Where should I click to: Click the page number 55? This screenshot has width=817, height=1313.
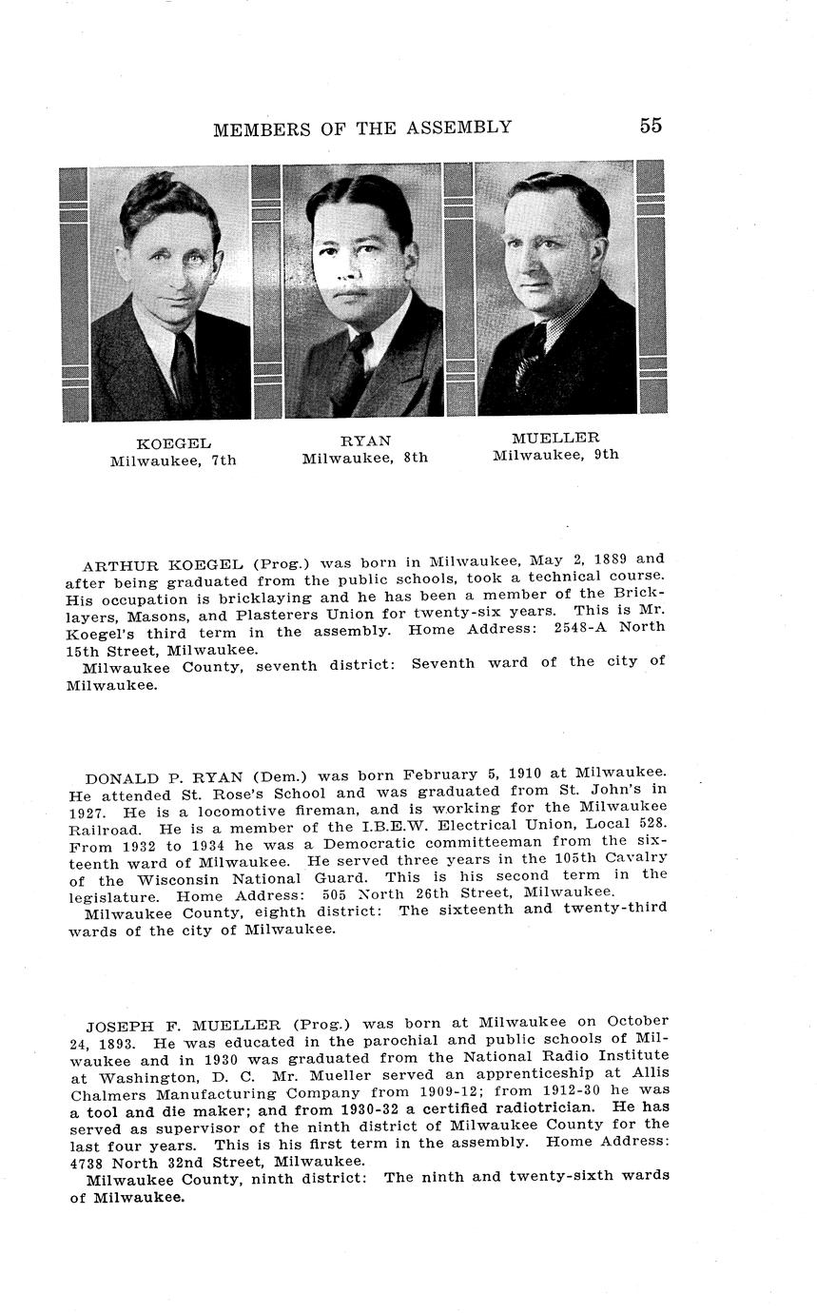click(651, 126)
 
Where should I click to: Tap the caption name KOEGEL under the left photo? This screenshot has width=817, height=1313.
click(173, 443)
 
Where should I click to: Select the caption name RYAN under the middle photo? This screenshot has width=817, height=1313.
click(365, 441)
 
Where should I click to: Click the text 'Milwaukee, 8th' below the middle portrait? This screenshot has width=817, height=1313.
click(365, 458)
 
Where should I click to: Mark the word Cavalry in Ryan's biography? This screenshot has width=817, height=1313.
click(635, 857)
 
